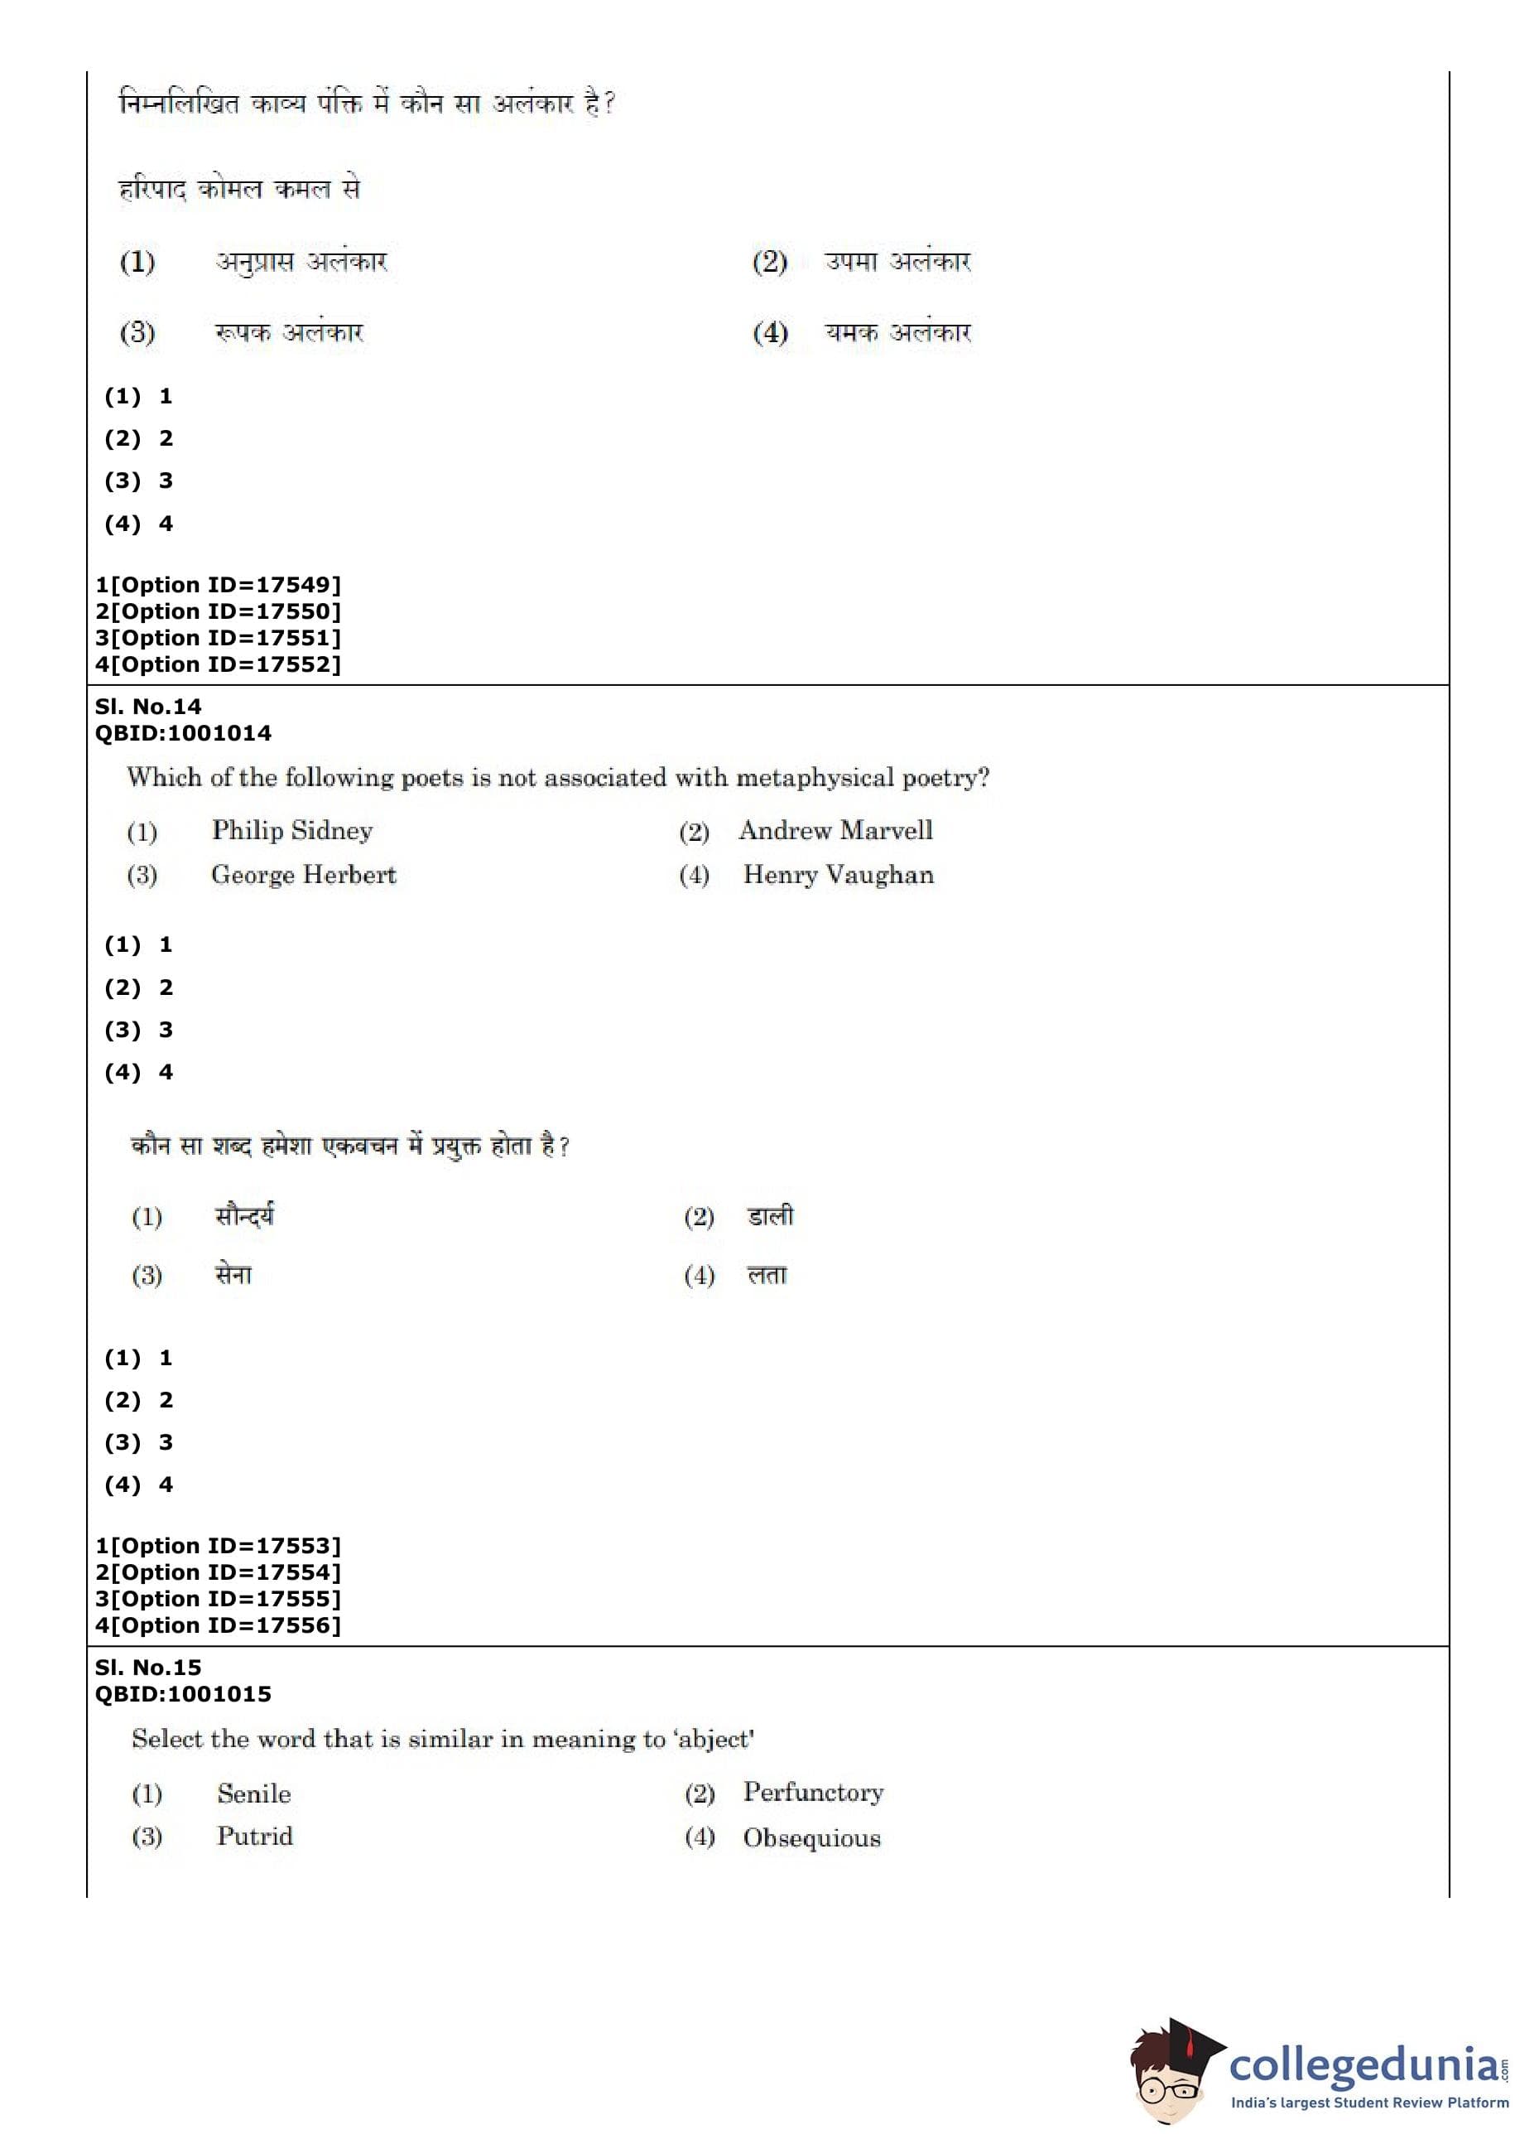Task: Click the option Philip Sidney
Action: click(292, 831)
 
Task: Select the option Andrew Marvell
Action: click(836, 831)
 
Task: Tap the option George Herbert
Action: click(304, 875)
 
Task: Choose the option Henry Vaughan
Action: click(839, 875)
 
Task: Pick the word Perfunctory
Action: click(813, 1792)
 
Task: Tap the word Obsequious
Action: click(812, 1838)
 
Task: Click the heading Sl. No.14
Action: click(148, 707)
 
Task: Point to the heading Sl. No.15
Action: click(148, 1668)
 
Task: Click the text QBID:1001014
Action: click(184, 733)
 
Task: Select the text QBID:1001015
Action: click(184, 1694)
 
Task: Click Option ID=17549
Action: click(218, 585)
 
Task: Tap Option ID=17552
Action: click(218, 665)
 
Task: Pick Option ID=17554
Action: click(218, 1573)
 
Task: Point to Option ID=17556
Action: click(218, 1625)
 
